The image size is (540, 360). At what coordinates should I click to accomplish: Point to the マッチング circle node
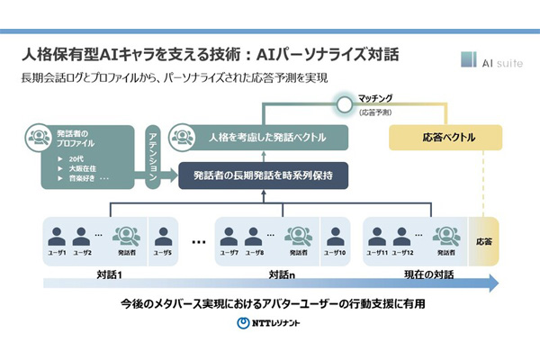click(x=342, y=104)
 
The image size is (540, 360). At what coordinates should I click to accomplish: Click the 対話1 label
click(x=107, y=271)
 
